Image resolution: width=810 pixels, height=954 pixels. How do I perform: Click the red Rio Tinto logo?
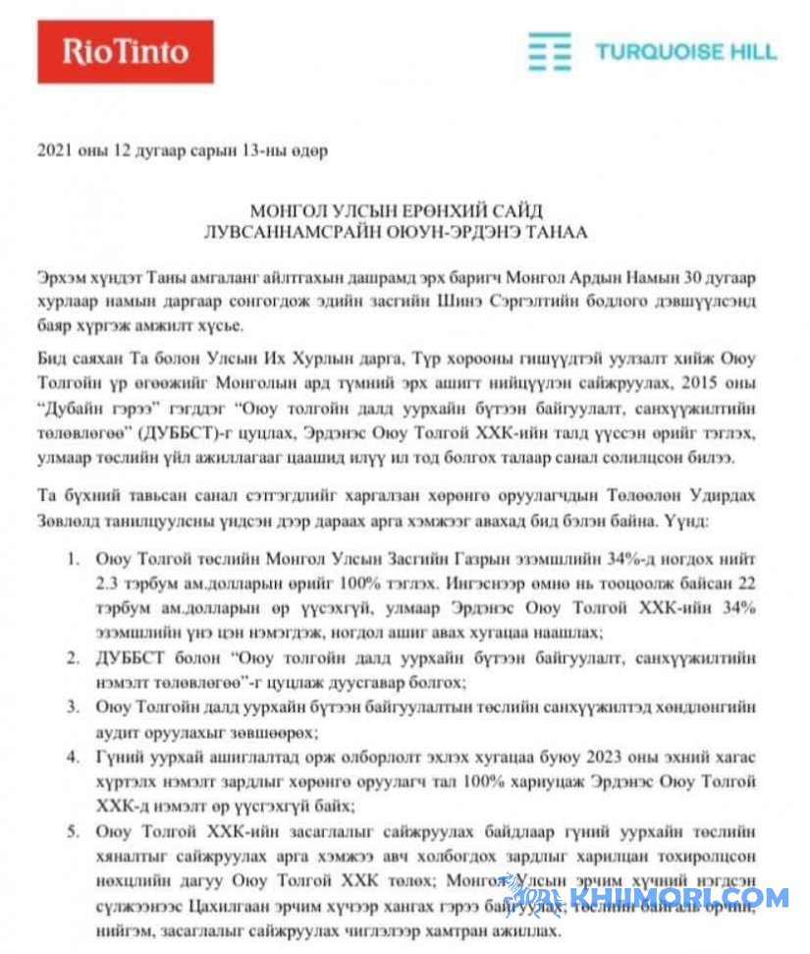[125, 52]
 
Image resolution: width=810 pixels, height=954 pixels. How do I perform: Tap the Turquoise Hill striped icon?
[550, 52]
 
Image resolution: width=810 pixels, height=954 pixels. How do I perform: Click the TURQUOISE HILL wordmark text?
[685, 52]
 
